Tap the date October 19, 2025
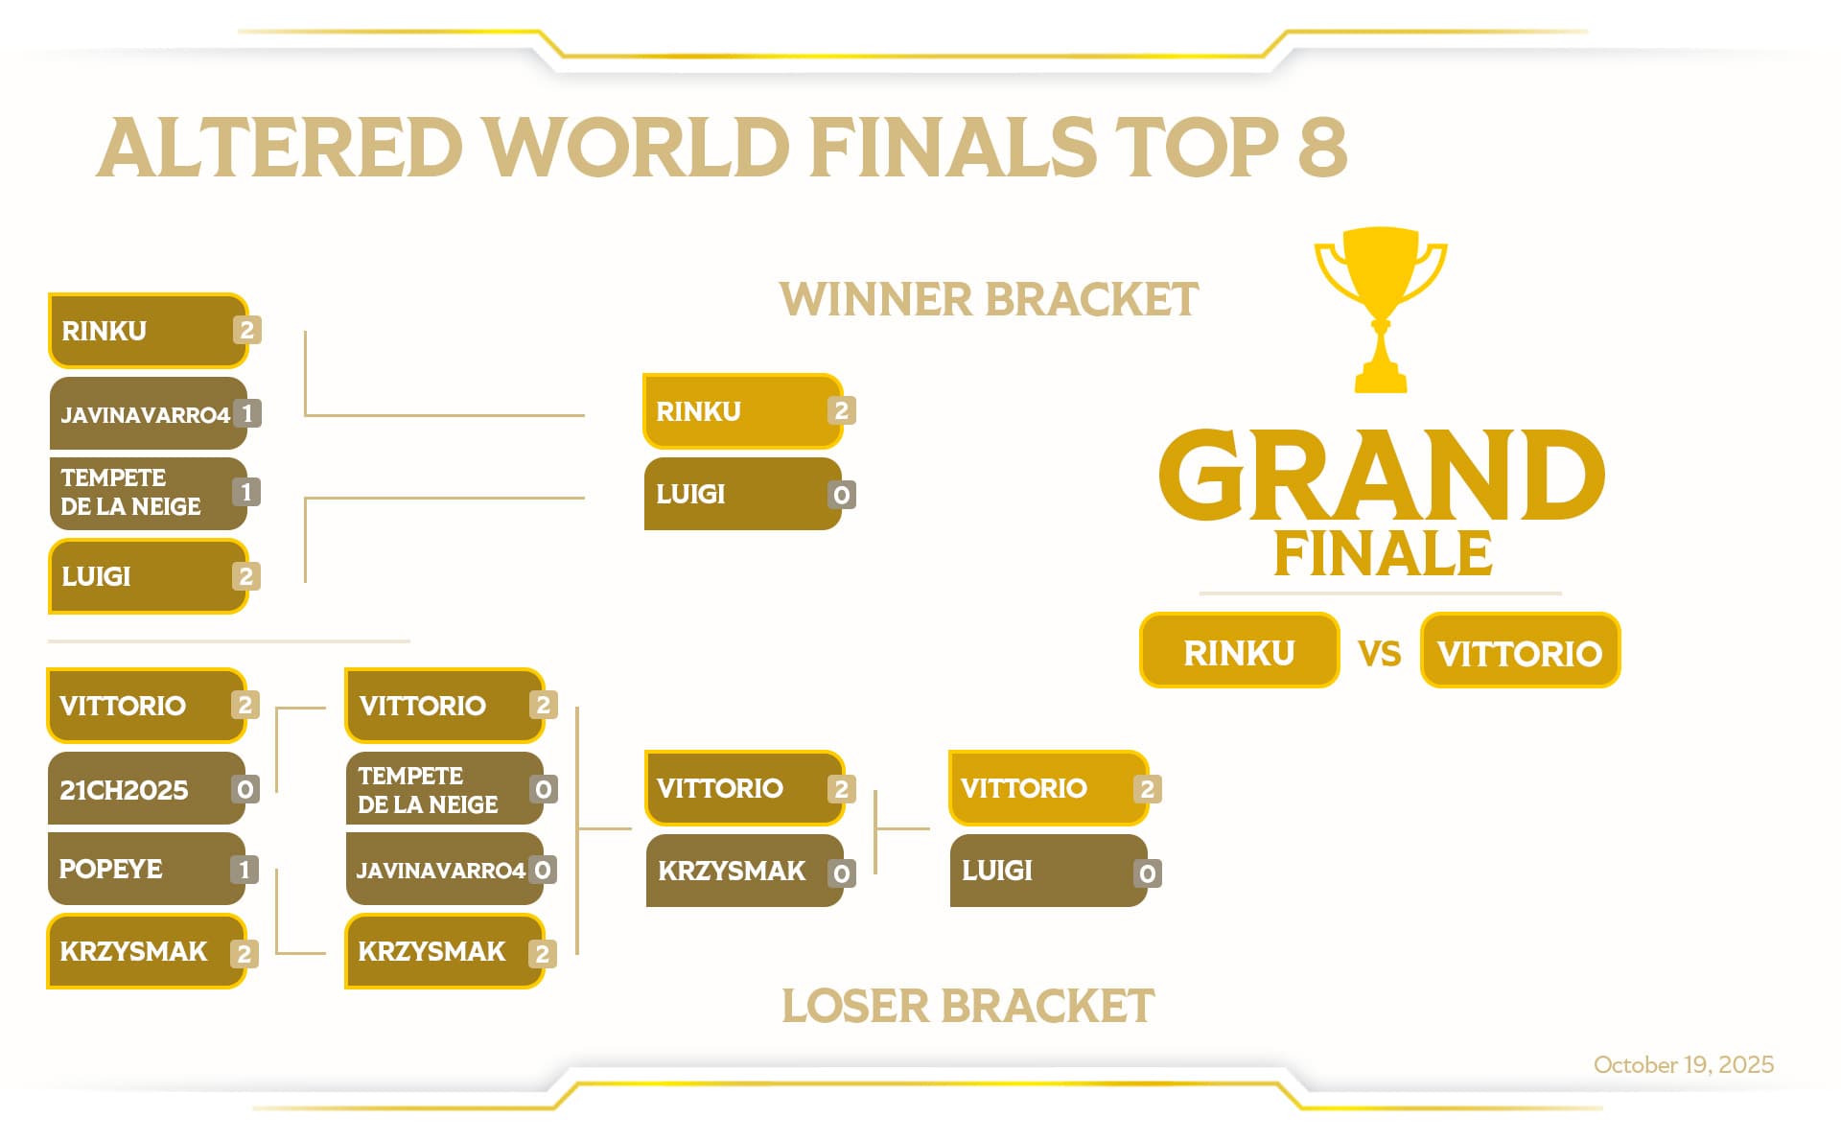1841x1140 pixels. point(1683,1064)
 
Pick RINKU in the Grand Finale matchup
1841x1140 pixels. point(1239,652)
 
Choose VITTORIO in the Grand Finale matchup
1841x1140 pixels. point(1520,652)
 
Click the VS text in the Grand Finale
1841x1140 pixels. point(1379,654)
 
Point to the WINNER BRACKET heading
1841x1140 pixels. point(989,299)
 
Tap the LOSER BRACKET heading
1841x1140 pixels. point(967,1006)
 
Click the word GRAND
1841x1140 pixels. point(1381,475)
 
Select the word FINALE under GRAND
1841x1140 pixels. point(1383,553)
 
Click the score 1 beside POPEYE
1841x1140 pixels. point(245,870)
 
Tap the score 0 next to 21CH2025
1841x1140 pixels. point(245,789)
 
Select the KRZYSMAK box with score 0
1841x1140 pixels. point(744,871)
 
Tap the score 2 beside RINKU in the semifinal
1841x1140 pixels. point(841,411)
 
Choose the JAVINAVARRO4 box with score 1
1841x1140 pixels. point(148,414)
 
